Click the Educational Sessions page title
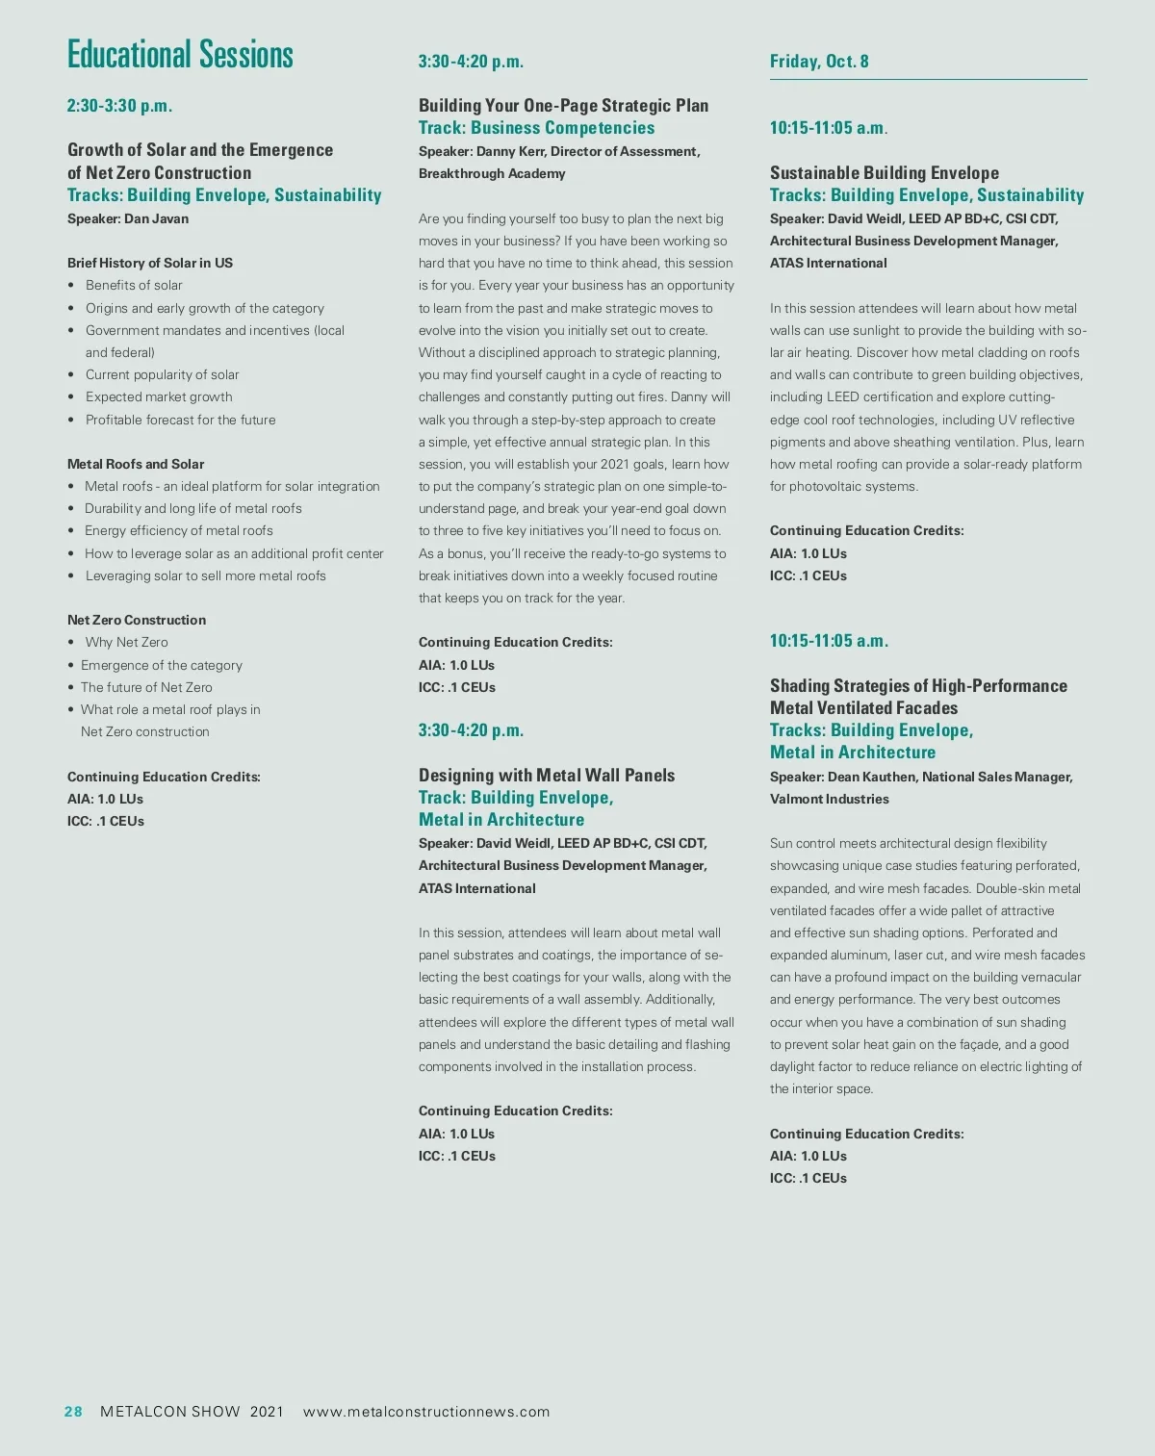180,55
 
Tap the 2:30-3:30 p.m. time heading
119,106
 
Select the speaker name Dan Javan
156,218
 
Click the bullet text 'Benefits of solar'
134,285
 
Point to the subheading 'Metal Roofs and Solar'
136,464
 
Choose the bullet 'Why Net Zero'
126,642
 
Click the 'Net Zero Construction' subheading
137,620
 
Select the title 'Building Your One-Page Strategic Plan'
563,106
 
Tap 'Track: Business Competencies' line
536,128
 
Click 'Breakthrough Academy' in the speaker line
492,173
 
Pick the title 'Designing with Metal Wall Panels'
547,775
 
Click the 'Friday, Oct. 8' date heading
819,62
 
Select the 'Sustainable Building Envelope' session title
885,173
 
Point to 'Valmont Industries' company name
830,799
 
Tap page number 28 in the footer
73,1412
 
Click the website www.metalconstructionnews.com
426,1412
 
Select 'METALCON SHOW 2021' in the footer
192,1412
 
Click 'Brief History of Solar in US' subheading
150,263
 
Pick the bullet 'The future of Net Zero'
146,687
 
